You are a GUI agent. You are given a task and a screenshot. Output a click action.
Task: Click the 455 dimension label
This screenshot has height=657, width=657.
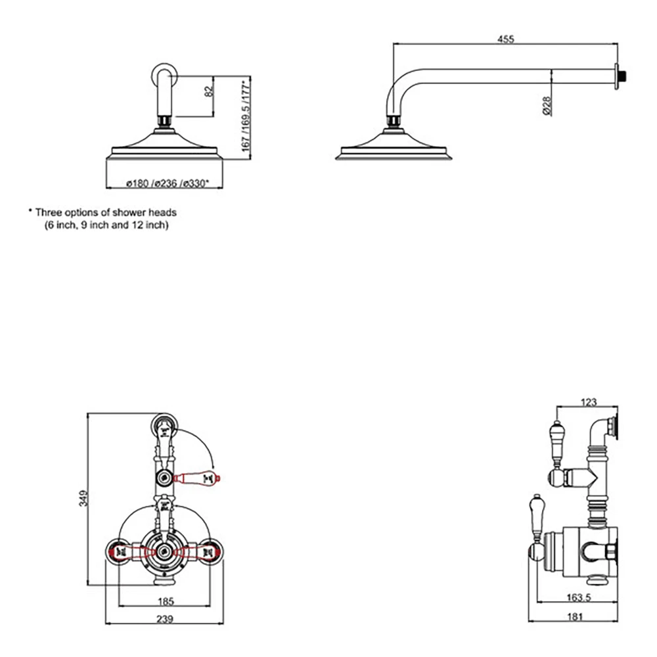click(x=505, y=39)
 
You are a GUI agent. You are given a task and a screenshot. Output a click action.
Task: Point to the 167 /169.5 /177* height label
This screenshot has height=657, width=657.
click(x=246, y=118)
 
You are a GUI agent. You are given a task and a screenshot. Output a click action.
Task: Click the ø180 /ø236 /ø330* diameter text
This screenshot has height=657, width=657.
click(x=162, y=183)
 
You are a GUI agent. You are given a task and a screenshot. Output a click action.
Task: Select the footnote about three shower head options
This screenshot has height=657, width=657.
click(x=102, y=219)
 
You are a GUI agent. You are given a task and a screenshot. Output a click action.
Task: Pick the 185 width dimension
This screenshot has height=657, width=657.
click(x=166, y=600)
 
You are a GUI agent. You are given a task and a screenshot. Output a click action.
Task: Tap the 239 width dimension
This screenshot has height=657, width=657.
click(x=166, y=618)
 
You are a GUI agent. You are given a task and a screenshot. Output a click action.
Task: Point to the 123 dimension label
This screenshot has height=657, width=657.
click(x=589, y=402)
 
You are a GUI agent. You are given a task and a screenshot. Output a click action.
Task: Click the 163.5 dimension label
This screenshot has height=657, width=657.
click(x=578, y=599)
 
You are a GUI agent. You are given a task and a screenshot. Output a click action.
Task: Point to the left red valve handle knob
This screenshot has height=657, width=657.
click(x=120, y=551)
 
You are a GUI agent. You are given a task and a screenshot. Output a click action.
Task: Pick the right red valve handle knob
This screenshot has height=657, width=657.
click(x=212, y=551)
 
